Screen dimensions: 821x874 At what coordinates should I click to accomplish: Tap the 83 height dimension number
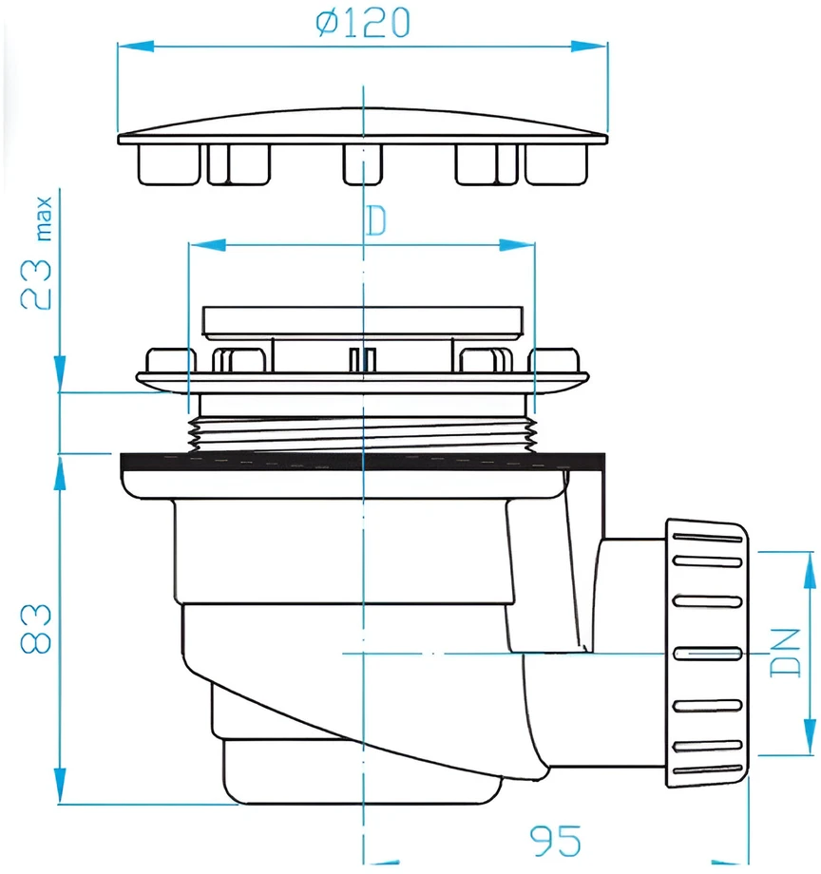36,628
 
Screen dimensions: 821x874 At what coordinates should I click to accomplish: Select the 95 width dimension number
555,842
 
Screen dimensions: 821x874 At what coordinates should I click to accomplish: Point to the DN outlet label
785,653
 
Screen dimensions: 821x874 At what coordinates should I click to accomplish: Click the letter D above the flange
375,220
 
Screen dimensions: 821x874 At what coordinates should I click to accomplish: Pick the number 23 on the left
36,284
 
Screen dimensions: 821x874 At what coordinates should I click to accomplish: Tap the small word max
44,218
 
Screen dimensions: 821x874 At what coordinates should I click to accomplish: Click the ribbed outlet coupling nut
707,653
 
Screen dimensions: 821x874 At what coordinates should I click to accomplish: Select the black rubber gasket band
362,462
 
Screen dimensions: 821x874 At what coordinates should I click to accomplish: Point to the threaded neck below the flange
362,433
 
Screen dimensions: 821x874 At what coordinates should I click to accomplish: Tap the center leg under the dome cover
362,164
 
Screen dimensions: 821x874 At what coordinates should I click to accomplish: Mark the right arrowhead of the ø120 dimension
590,47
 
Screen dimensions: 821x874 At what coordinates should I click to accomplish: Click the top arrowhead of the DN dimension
810,570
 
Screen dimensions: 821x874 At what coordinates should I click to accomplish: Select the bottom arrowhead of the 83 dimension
60,786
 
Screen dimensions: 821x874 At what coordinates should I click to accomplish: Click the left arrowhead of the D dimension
207,245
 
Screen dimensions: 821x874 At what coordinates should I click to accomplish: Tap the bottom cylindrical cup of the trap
362,772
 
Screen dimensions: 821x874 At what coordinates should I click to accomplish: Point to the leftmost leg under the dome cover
169,164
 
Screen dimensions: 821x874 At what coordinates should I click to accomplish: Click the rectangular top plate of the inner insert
362,322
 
